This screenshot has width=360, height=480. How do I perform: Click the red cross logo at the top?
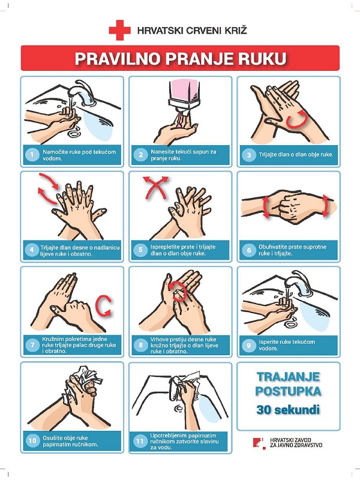pos(119,30)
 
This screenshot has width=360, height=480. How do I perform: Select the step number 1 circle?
pos(32,155)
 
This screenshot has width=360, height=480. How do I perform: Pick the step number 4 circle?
pos(32,250)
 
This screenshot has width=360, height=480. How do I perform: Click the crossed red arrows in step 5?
pos(155,187)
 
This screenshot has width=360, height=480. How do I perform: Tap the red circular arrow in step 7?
pos(103,305)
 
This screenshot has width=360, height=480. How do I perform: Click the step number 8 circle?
pos(140,345)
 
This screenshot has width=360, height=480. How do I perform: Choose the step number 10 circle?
pos(32,440)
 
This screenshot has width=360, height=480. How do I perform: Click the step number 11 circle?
pos(140,441)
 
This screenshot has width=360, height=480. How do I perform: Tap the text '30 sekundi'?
pos(288,410)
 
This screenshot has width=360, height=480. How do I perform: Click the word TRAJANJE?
pos(288,377)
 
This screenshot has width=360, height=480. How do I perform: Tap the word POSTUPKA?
pos(288,391)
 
